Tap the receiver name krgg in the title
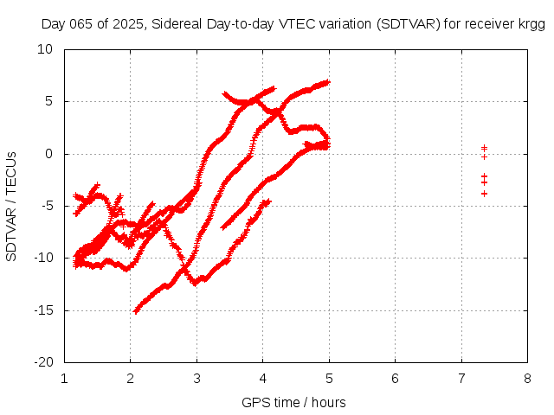(x=529, y=24)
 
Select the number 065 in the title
(x=80, y=24)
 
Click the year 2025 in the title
(x=127, y=24)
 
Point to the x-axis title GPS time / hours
(x=294, y=402)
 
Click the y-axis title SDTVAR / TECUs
(x=11, y=206)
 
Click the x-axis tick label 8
(x=527, y=378)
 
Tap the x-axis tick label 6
(x=395, y=378)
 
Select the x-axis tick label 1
(x=65, y=378)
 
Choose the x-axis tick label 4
(x=263, y=378)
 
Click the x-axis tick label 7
(x=461, y=378)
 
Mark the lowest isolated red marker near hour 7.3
(x=484, y=193)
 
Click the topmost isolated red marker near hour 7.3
(x=484, y=148)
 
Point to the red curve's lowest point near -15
(x=136, y=310)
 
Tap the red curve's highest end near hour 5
(x=328, y=82)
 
